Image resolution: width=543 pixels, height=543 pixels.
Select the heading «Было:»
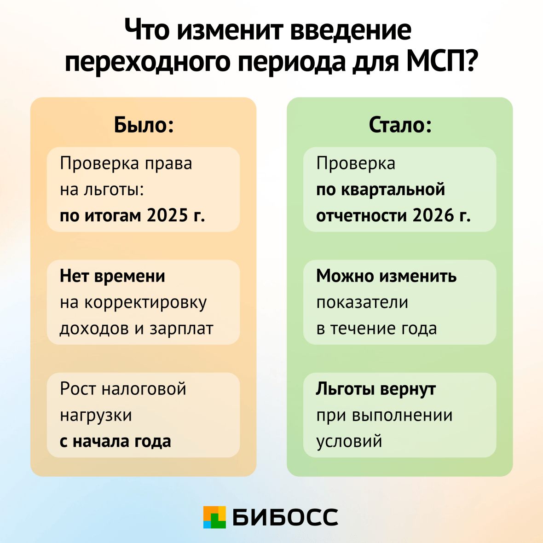coord(144,125)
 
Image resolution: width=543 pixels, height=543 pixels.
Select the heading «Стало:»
coord(400,125)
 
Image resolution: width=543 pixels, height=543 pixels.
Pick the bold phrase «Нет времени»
coord(112,276)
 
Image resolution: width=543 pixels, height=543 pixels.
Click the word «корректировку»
coord(145,302)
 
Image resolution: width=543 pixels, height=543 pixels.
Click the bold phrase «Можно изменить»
coord(386,276)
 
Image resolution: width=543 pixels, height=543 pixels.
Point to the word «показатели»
coord(362,302)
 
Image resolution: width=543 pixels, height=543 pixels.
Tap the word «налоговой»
coord(144,388)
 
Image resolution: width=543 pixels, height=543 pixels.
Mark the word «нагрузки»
coord(96,415)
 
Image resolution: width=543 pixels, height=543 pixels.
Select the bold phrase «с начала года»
coord(115,441)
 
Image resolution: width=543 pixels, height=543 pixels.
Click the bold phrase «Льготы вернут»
coord(375,388)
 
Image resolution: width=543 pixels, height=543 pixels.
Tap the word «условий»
coord(349,441)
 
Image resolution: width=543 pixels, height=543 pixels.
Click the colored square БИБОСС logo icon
coord(214,517)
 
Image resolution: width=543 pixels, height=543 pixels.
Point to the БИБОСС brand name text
coord(285,517)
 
